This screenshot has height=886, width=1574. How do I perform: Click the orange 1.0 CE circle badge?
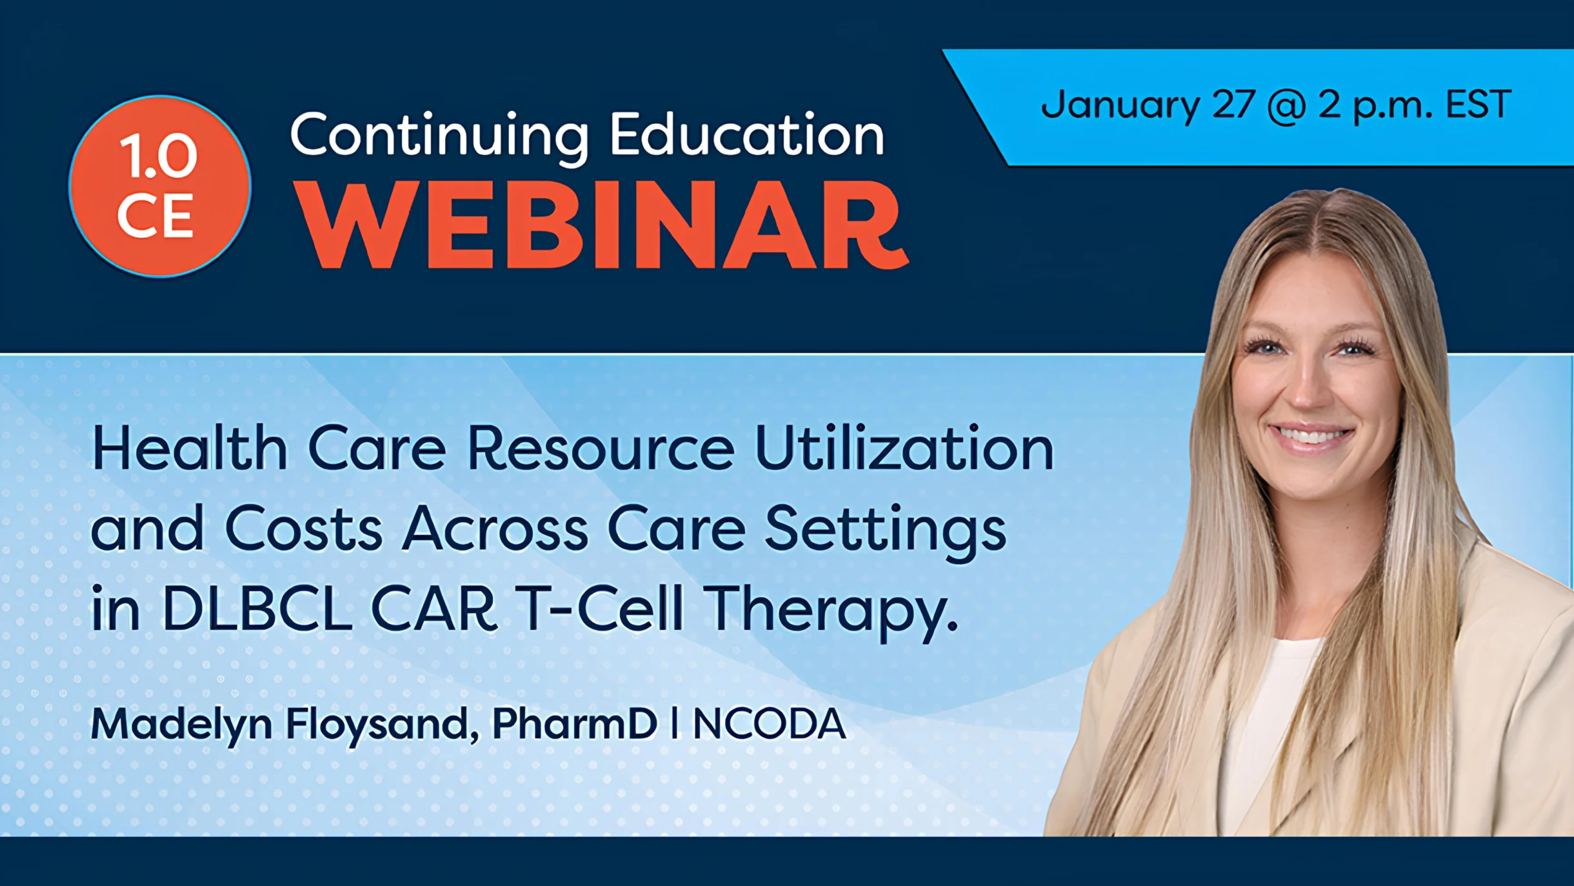tap(160, 186)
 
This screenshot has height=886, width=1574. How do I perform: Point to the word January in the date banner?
tap(1121, 106)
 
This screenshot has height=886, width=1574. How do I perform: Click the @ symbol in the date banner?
tap(1286, 106)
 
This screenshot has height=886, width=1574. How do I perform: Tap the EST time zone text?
tap(1478, 105)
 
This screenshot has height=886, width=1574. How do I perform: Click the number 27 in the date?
tap(1233, 105)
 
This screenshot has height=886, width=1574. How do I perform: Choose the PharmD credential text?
tap(575, 723)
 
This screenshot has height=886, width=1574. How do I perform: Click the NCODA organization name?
tap(769, 723)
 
